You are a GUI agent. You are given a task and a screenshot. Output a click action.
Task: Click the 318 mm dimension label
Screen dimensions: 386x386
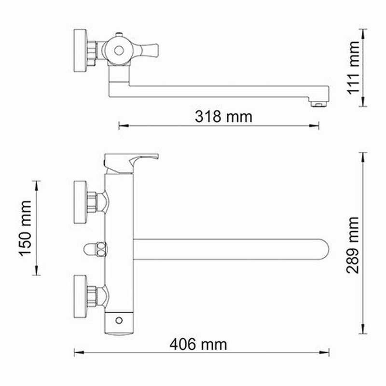(223, 116)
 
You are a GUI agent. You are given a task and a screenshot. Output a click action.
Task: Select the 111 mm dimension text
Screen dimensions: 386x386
(353, 68)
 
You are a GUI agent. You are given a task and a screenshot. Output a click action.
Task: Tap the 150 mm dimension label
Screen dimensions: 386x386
(26, 229)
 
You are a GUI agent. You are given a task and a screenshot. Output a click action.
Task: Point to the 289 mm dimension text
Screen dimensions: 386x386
(353, 245)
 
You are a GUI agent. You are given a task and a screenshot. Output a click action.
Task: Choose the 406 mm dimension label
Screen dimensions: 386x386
(198, 345)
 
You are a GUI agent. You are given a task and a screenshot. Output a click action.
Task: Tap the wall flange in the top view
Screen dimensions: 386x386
(80, 51)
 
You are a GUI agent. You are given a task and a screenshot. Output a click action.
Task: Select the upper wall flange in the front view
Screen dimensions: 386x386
(80, 202)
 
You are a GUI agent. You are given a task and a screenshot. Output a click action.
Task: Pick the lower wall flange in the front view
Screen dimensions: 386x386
(80, 296)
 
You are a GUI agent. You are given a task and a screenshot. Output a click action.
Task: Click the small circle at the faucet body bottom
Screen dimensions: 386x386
(119, 320)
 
